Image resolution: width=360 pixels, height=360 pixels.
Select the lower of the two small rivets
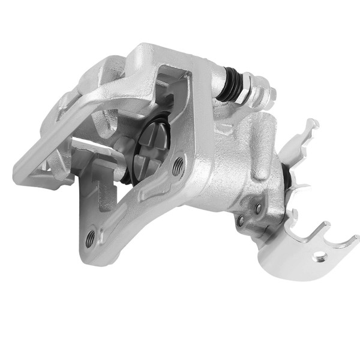241,220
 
